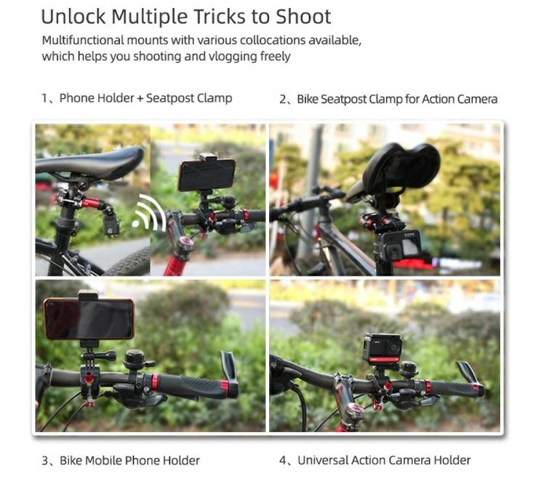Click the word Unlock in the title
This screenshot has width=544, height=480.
click(73, 16)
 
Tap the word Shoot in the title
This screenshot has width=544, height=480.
click(303, 16)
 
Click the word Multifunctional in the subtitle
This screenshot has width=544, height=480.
click(83, 40)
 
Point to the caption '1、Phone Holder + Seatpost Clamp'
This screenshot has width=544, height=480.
click(137, 98)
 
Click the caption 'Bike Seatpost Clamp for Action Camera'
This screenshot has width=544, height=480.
click(397, 99)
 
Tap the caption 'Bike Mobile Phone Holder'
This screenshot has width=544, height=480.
click(129, 460)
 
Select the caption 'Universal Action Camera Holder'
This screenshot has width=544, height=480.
click(384, 460)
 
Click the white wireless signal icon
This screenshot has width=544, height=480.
click(148, 212)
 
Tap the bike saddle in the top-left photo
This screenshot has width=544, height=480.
click(89, 162)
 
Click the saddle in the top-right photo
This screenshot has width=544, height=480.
click(396, 169)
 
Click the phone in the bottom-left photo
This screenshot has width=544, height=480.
click(89, 319)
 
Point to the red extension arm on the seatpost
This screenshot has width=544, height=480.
click(92, 202)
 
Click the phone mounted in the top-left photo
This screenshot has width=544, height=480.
click(207, 175)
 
